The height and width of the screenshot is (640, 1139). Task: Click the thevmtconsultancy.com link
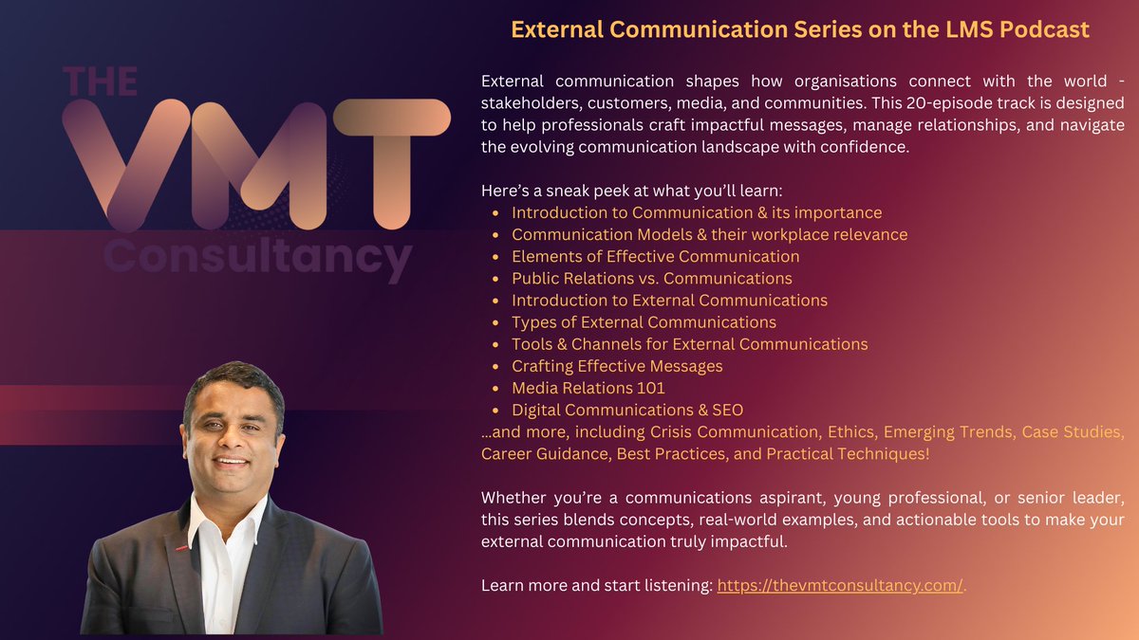(840, 586)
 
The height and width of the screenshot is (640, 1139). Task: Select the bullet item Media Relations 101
(588, 388)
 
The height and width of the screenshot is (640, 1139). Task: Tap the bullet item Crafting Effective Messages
(617, 366)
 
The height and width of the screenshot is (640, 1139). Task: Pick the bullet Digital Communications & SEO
(626, 410)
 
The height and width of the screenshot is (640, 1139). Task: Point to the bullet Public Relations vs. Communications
(651, 278)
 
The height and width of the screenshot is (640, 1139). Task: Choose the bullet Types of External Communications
(644, 322)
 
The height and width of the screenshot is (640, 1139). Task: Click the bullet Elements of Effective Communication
(655, 256)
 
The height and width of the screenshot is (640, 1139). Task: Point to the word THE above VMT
(100, 82)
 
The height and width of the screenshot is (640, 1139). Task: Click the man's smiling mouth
(232, 464)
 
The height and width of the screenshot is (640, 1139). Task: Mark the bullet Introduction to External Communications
(669, 300)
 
